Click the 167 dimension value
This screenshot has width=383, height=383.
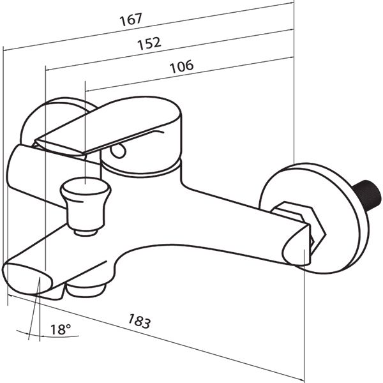pyautogui.click(x=131, y=19)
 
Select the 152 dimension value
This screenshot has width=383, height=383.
pyautogui.click(x=149, y=43)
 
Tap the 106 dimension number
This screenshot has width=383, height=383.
pyautogui.click(x=181, y=66)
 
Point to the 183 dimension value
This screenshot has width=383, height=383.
pyautogui.click(x=139, y=320)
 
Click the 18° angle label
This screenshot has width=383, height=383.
pyautogui.click(x=61, y=329)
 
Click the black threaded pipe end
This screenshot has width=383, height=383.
pyautogui.click(x=367, y=195)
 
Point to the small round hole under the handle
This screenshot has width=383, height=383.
pyautogui.click(x=118, y=151)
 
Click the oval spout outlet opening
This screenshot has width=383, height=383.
pyautogui.click(x=27, y=279)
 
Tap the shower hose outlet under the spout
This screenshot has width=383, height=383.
pyautogui.click(x=86, y=289)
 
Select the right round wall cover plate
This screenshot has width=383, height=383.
pyautogui.click(x=314, y=218)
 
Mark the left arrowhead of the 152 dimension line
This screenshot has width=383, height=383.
pyautogui.click(x=49, y=70)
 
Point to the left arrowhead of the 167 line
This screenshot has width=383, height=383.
pyautogui.click(x=6, y=50)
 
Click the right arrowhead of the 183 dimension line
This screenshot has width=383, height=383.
pyautogui.click(x=301, y=379)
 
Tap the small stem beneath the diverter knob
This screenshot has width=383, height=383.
pyautogui.click(x=86, y=232)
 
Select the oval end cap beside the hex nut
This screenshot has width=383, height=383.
pyautogui.click(x=297, y=246)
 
